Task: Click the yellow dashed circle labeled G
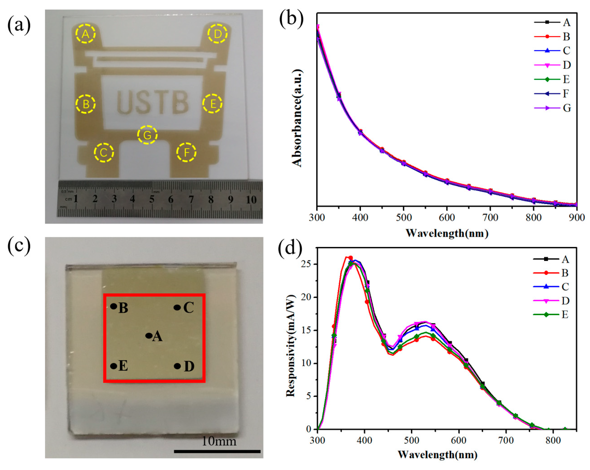click(147, 135)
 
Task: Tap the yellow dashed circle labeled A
click(86, 34)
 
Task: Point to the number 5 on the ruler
click(151, 199)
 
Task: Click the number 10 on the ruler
click(251, 200)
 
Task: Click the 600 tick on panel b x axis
click(447, 217)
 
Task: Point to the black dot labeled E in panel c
click(114, 366)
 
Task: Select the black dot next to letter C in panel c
click(177, 307)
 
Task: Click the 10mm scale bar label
click(219, 441)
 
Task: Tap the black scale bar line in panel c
click(217, 451)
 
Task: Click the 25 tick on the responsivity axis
click(308, 264)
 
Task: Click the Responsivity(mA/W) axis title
click(291, 346)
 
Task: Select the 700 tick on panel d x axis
click(506, 440)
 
